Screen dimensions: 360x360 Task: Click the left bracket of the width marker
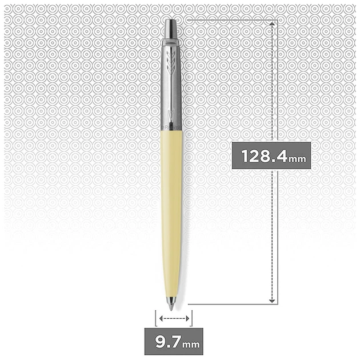[x=155, y=318]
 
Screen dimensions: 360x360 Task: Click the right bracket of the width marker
[x=193, y=318]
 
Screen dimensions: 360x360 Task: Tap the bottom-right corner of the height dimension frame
[x=278, y=303]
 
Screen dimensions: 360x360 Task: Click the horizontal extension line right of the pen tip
[x=229, y=303]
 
